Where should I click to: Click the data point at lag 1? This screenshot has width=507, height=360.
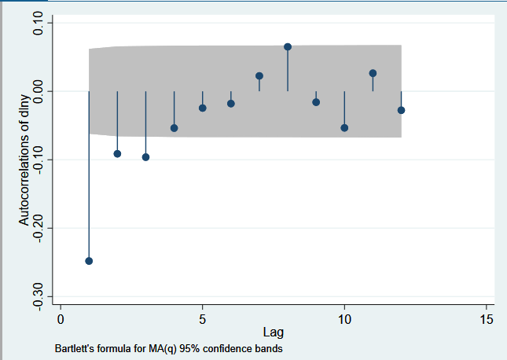coord(89,261)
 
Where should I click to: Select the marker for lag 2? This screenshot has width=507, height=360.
coord(117,153)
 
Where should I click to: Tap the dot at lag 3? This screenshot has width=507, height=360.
coord(145,157)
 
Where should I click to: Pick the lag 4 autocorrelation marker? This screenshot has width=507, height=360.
coord(175,128)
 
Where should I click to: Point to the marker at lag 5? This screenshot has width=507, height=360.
coord(203,108)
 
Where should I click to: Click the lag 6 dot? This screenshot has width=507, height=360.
coord(231,104)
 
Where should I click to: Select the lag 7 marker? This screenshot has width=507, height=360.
coord(259,75)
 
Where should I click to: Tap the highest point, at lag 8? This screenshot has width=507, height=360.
coord(288,47)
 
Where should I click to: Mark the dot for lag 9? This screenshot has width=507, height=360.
coord(316,102)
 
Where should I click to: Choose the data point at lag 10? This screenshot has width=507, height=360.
coord(344,127)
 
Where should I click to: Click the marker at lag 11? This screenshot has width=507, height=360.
coord(373,73)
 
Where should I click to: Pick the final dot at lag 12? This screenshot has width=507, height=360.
coord(401,110)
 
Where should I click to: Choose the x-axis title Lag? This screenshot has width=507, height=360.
coord(274,332)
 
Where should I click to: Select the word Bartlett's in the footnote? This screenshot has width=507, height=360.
coord(76,347)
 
